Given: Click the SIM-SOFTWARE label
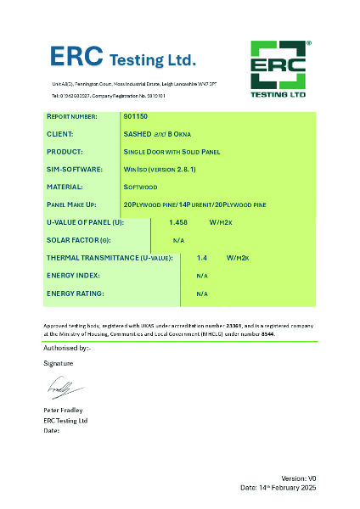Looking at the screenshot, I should [x=73, y=170].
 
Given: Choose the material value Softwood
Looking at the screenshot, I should [x=141, y=187].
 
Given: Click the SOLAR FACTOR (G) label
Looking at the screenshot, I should [x=82, y=240].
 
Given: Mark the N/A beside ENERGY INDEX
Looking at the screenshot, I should [x=202, y=276].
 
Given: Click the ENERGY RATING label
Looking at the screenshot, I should [x=75, y=294].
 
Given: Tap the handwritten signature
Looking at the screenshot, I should [x=65, y=389].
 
